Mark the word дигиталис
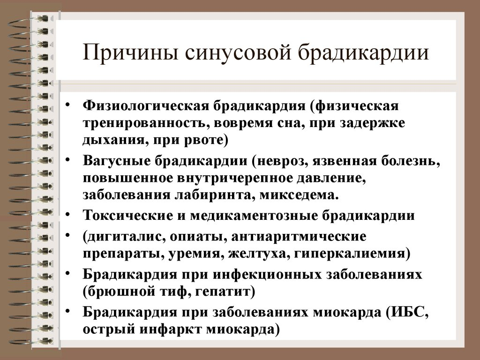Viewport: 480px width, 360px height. [123, 237]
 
